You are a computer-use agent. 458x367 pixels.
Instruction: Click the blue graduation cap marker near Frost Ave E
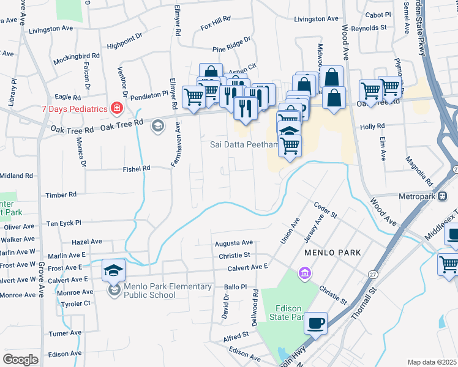coord(113,270)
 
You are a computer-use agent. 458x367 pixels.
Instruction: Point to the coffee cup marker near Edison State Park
coord(315,322)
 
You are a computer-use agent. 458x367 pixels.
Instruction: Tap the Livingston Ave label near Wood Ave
coord(316,20)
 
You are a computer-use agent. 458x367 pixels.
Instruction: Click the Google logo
coord(20,359)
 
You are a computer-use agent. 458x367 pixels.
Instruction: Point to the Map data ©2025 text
coord(432,362)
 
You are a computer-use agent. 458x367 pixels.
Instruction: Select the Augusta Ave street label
coord(233,243)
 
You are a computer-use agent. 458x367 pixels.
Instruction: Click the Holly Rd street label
coord(372,126)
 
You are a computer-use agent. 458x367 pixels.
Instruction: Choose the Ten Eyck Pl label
coord(64,223)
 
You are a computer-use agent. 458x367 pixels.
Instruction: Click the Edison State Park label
coord(286,313)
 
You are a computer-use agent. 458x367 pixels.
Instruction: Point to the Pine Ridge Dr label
coord(231,44)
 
